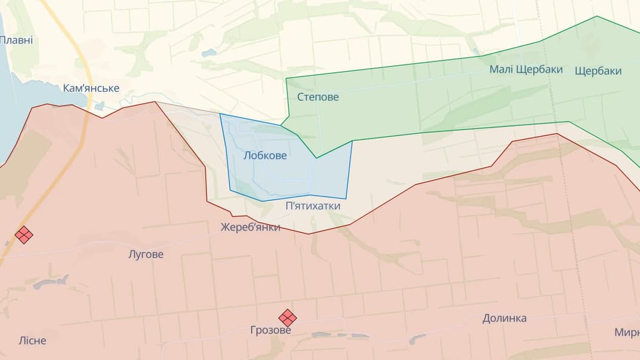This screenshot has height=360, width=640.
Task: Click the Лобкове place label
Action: point(265,156)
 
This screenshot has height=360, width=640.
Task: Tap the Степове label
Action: point(318,97)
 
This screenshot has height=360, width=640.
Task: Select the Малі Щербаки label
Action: point(526,69)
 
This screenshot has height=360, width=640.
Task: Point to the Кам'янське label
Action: point(91,88)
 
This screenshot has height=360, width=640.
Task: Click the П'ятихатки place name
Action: point(313,206)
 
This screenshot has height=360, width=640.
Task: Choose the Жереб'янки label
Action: point(250,227)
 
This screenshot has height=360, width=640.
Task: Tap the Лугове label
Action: point(146,254)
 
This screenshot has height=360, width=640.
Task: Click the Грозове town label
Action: point(270,330)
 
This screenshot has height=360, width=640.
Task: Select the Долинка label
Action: point(504,318)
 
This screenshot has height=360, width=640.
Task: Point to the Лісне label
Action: point(32,341)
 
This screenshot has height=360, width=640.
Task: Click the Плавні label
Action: point(16,41)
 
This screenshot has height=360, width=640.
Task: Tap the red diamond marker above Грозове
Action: point(288,318)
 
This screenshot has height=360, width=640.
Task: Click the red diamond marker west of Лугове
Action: point(24,235)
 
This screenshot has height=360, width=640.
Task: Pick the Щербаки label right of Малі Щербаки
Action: point(598,71)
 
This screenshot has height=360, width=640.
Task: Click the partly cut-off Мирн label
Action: point(627,332)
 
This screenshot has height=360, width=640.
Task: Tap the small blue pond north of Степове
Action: point(209,53)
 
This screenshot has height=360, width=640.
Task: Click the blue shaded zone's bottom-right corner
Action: point(346,199)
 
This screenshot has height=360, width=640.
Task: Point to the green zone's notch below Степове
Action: point(316,158)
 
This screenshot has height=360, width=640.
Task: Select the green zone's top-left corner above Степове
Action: point(287,78)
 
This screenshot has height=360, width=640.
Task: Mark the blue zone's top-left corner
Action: point(220,113)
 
